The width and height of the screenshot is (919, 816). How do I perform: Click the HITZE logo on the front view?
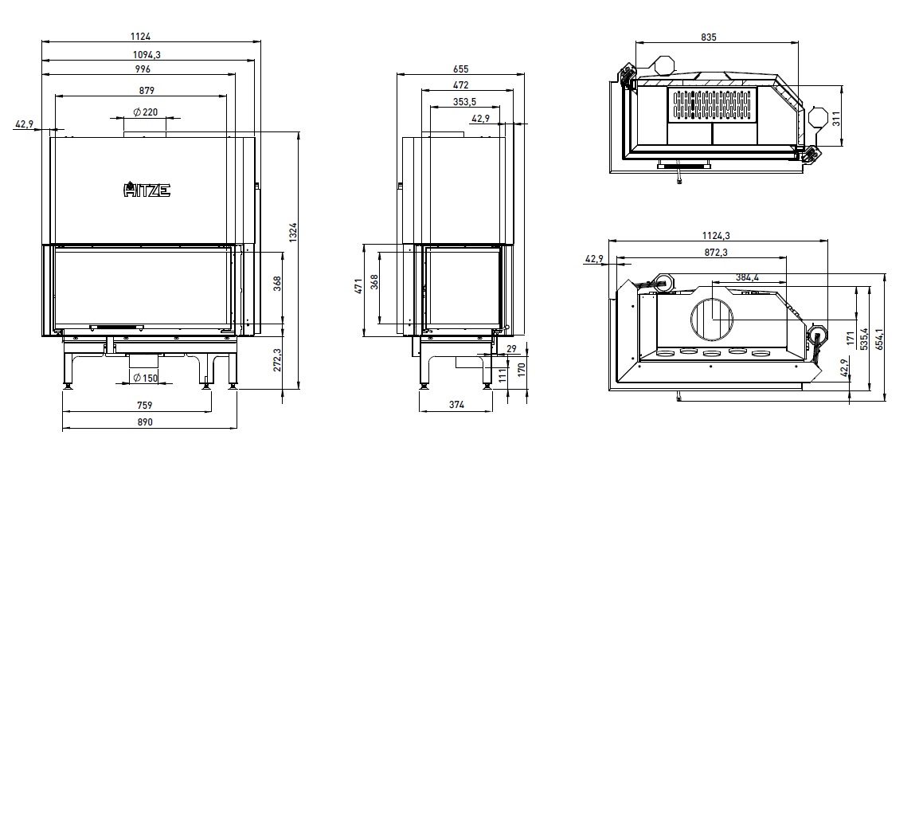point(147,190)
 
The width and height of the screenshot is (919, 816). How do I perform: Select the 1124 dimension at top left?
point(141,37)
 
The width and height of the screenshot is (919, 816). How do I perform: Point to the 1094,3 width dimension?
point(147,54)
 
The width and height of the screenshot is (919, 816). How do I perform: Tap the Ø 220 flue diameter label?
point(146,112)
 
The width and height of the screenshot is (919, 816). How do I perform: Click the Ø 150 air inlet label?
point(146,378)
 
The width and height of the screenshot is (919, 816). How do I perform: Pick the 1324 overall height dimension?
point(293,232)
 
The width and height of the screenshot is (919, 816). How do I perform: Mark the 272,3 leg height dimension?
point(277,359)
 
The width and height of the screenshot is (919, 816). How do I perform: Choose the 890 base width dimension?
point(145,422)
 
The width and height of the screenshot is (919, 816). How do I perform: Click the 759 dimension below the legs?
point(144,405)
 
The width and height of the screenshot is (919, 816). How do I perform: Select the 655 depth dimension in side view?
point(460,69)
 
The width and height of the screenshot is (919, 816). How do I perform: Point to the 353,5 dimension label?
point(464,102)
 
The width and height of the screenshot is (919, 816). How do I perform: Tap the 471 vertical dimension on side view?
point(358,286)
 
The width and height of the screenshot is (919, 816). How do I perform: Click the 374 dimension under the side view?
point(456,404)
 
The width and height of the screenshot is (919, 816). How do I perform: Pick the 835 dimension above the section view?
point(709,37)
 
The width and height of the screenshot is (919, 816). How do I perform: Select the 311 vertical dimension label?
point(836,119)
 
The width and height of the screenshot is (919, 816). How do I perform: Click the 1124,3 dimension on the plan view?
point(716,236)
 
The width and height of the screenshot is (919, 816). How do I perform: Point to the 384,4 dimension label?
point(747,277)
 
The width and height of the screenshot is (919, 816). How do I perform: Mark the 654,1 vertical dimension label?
point(879,339)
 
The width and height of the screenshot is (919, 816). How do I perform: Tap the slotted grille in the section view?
point(711,105)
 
